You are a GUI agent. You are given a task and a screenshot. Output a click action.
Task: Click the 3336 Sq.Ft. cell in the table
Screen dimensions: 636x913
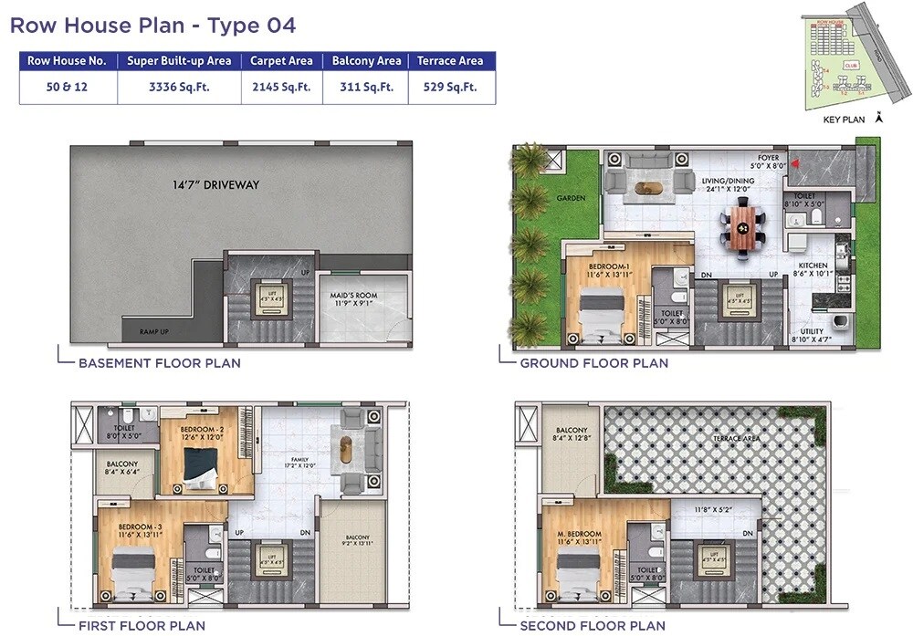pyautogui.click(x=179, y=88)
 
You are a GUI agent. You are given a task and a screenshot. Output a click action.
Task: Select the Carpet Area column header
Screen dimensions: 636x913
pyautogui.click(x=281, y=61)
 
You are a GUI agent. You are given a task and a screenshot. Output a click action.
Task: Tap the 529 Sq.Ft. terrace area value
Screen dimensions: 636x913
pyautogui.click(x=450, y=88)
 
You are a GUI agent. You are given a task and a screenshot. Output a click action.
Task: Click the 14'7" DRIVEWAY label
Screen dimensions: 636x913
pyautogui.click(x=216, y=185)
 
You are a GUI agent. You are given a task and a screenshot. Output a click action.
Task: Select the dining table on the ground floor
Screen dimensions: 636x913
pyautogui.click(x=743, y=227)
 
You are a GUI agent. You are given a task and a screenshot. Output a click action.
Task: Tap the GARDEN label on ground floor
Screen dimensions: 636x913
pyautogui.click(x=572, y=198)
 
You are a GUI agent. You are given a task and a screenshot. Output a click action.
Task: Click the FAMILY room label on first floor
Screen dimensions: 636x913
pyautogui.click(x=300, y=460)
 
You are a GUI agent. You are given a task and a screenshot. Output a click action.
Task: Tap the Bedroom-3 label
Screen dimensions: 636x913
pyautogui.click(x=139, y=527)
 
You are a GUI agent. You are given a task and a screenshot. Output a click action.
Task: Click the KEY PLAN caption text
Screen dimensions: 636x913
pyautogui.click(x=843, y=120)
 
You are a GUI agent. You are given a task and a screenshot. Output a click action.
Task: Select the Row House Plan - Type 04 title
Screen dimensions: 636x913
pyautogui.click(x=152, y=25)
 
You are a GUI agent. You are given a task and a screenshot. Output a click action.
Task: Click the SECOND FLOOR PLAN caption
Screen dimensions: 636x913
pyautogui.click(x=593, y=626)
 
